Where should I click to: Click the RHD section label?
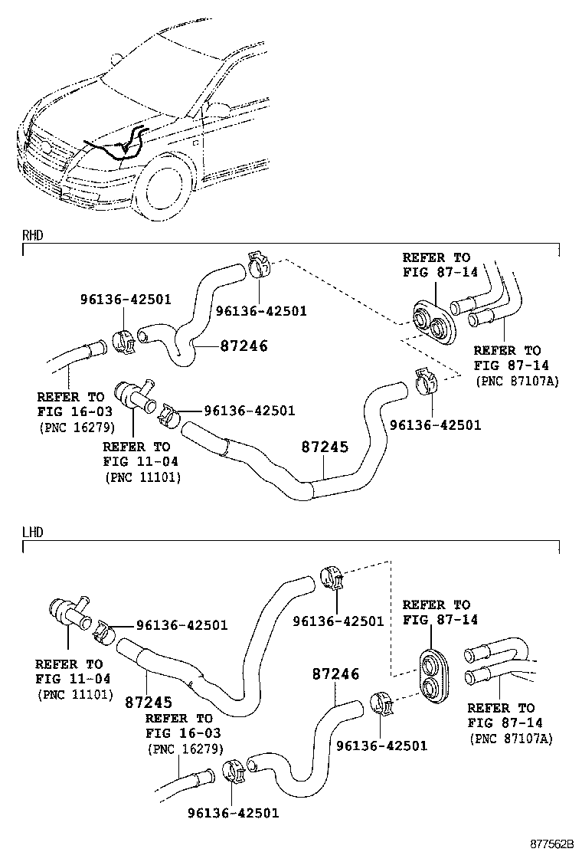(x=32, y=236)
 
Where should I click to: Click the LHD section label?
(x=32, y=532)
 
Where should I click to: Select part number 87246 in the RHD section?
(x=244, y=346)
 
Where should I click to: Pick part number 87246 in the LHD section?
(x=335, y=674)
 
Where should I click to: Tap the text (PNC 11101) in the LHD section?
(x=75, y=695)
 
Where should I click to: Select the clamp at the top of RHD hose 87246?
(x=260, y=267)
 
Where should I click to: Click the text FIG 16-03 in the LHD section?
(x=178, y=733)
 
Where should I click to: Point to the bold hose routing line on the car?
(x=115, y=149)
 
